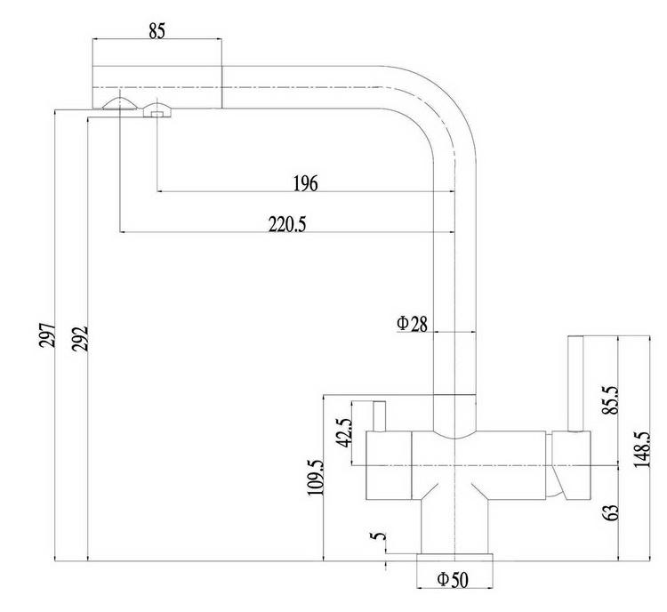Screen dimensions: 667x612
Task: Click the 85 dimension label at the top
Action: (157, 31)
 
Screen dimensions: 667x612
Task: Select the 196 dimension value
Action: (305, 183)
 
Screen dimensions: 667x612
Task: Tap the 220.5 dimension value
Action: (287, 224)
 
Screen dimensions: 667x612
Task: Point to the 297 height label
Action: (48, 335)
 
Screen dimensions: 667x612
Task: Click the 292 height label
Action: (80, 338)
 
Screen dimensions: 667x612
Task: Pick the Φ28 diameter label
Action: (412, 324)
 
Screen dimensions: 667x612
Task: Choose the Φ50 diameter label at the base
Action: (453, 580)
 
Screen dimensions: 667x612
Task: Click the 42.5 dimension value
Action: (344, 433)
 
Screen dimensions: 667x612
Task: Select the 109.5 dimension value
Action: (316, 478)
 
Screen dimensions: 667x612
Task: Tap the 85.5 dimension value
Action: (611, 400)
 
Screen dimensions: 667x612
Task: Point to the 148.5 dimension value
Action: (642, 449)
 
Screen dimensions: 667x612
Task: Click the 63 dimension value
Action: (611, 513)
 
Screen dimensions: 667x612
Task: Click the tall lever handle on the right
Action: (575, 384)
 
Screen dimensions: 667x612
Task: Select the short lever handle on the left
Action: (379, 416)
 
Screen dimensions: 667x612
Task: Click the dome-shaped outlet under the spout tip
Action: (119, 103)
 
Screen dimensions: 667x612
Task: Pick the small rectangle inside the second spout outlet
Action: (157, 114)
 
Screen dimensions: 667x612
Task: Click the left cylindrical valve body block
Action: (389, 465)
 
